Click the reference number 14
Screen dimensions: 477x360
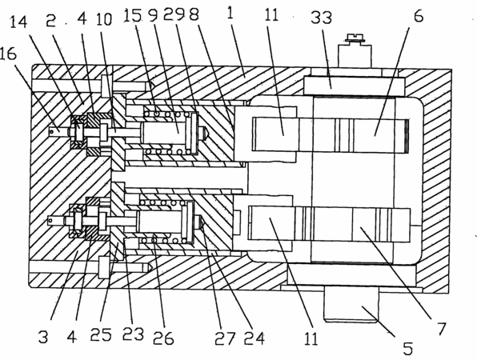click(18, 22)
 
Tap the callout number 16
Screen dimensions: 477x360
click(8, 54)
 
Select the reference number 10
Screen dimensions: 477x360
click(104, 19)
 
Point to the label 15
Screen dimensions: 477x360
click(133, 15)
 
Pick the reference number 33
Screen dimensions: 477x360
click(321, 18)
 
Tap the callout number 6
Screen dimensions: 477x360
click(419, 16)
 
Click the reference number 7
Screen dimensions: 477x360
click(442, 328)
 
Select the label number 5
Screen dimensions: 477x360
click(408, 349)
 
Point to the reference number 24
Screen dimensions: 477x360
click(255, 338)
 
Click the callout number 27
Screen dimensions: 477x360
click(225, 338)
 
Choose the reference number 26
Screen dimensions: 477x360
click(163, 338)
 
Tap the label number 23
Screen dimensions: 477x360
click(133, 334)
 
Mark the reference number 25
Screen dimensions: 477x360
click(101, 334)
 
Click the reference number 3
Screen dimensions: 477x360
click(43, 337)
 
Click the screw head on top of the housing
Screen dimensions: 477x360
click(355, 38)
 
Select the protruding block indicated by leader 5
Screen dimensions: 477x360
click(351, 304)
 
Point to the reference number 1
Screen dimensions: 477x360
click(230, 13)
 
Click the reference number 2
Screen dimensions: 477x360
click(50, 22)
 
